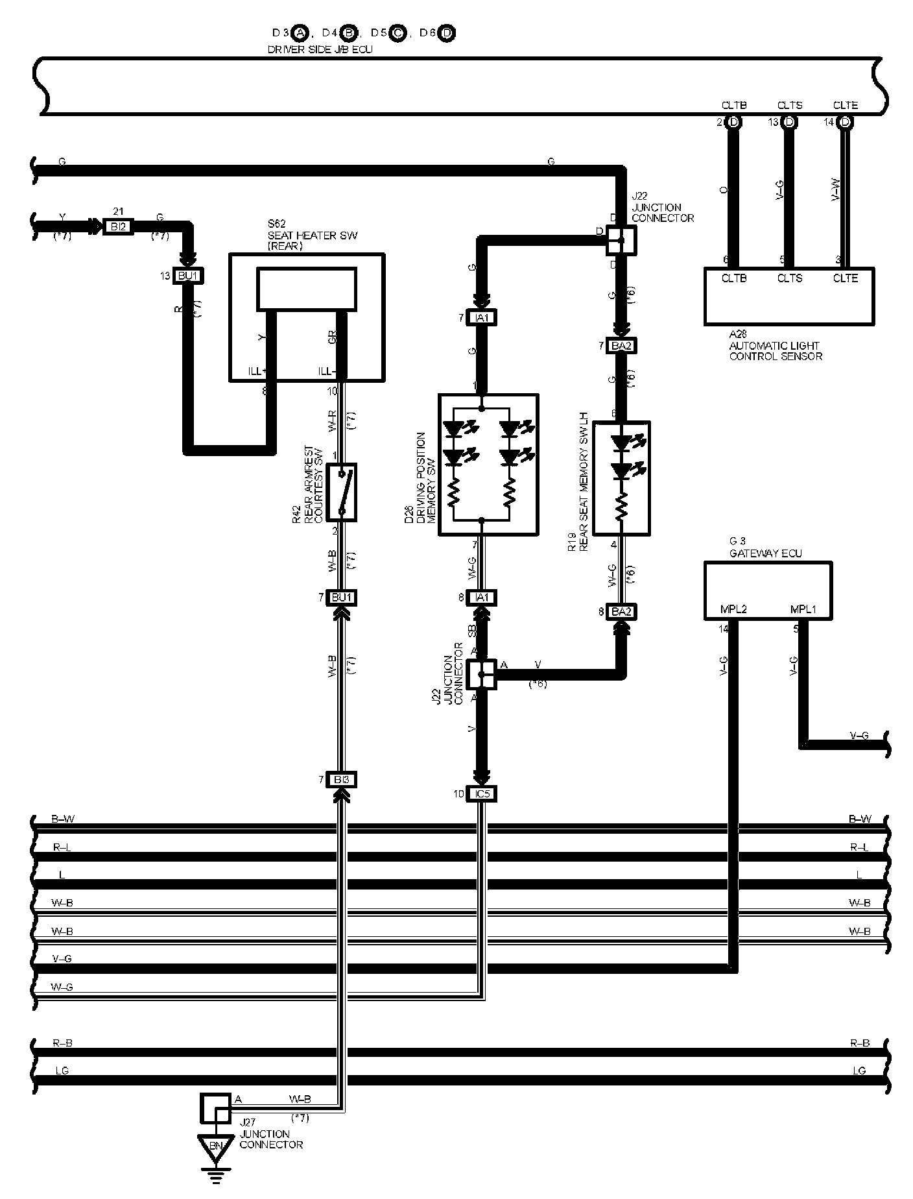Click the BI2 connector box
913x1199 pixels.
118,226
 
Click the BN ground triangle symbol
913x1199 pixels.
215,1146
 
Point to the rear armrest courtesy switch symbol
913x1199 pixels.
341,492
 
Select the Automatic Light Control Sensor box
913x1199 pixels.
788,296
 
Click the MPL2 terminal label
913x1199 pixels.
733,610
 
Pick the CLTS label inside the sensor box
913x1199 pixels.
790,278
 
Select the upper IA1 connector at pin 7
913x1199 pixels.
481,318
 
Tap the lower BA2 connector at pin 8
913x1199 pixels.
621,611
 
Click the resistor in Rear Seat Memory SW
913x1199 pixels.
621,504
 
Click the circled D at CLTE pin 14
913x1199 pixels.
846,122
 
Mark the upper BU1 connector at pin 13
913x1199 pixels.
188,276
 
